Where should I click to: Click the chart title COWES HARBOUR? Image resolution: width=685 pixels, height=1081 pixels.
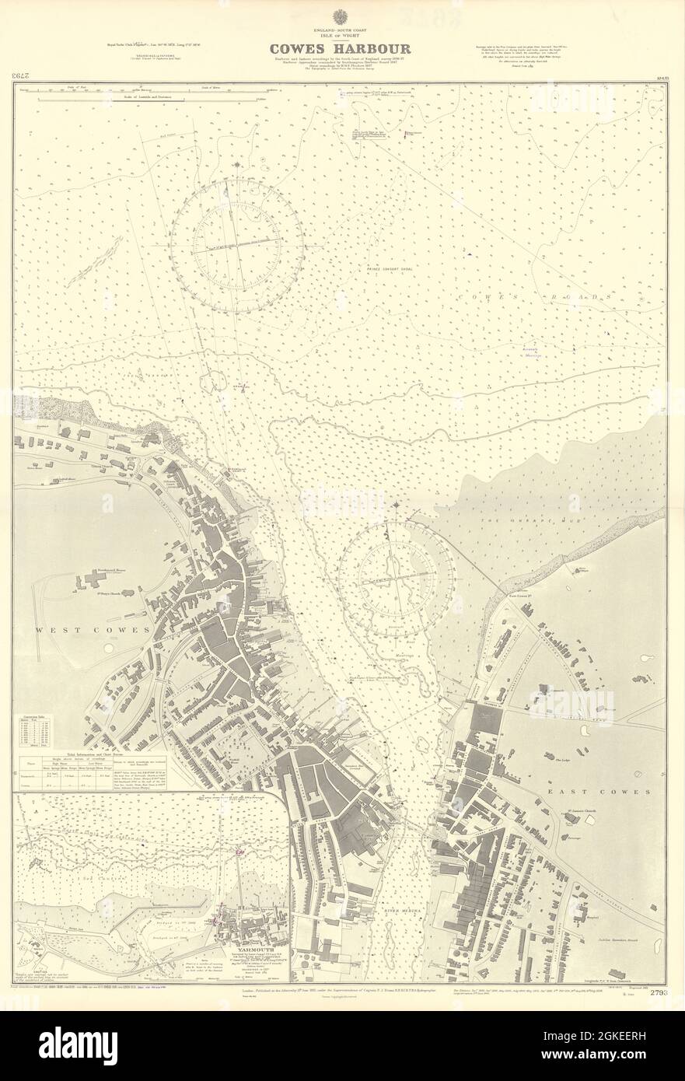pos(341,48)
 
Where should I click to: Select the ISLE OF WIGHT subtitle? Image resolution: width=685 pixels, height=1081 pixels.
pos(341,33)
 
